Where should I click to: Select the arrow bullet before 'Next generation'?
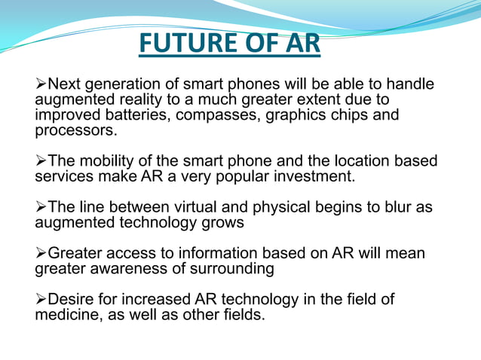click(x=41, y=84)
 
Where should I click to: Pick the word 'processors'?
click(x=75, y=130)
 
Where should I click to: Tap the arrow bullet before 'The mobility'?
click(x=41, y=162)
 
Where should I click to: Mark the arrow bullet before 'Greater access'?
click(x=41, y=254)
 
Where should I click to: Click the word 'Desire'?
click(x=71, y=300)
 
